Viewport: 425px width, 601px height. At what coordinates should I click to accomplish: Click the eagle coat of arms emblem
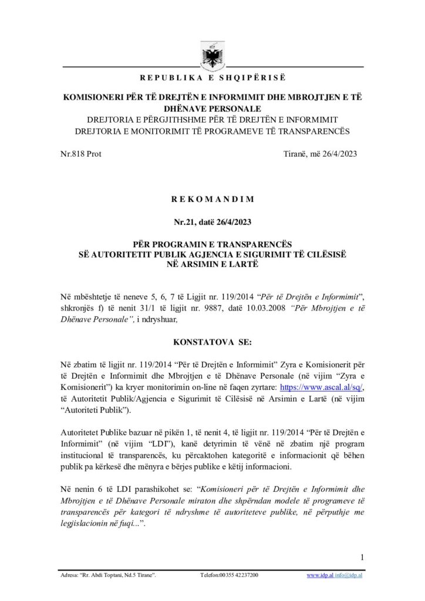coord(211,55)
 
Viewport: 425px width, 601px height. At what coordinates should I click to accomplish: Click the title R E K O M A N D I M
coord(212,199)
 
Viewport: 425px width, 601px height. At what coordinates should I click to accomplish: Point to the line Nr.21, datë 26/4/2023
coord(212,222)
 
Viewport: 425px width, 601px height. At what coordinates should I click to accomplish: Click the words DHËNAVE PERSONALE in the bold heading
coord(212,109)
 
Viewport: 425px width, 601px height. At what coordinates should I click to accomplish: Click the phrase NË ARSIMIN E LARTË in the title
coord(212,264)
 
